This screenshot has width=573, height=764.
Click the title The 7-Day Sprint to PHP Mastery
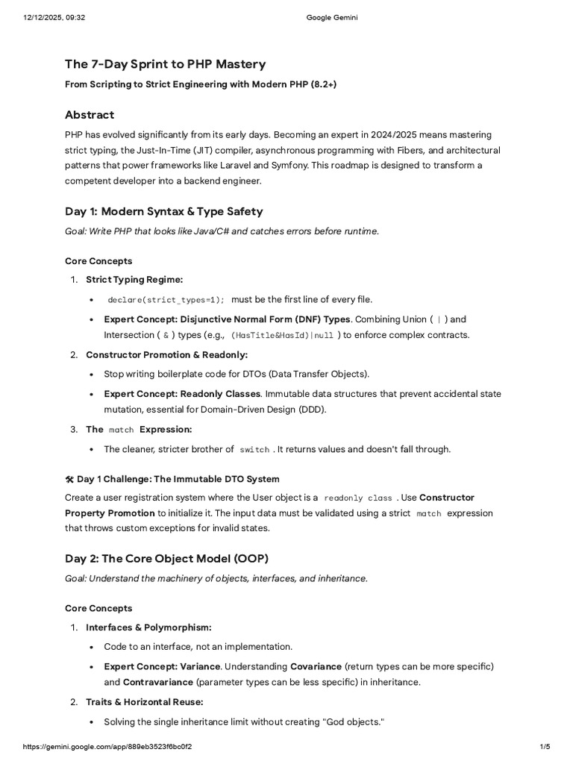pos(165,64)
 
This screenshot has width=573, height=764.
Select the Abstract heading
pos(90,115)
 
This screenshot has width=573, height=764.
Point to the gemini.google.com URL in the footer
pos(112,747)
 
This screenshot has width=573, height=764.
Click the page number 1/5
pos(544,747)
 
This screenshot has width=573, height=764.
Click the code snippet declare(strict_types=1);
pos(166,300)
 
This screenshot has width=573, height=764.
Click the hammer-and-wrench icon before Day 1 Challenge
pos(69,479)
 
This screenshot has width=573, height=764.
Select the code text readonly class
pos(358,498)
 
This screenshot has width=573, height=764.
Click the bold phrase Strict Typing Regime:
pos(134,279)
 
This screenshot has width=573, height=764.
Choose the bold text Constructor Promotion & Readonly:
pos(166,354)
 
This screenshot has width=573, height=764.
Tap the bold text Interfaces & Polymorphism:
pos(148,627)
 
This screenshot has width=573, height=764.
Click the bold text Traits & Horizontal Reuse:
pos(145,702)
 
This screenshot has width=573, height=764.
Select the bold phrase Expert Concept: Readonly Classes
pos(182,393)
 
